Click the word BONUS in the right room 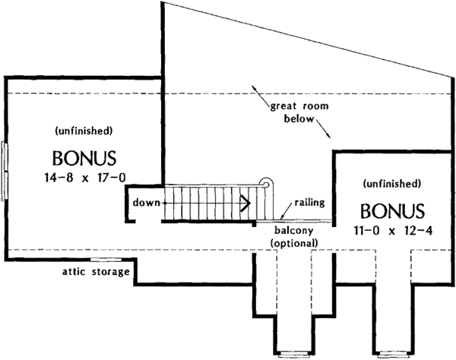[392, 210]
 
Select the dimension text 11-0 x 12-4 [392, 230]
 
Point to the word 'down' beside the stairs [144, 203]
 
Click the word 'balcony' [293, 230]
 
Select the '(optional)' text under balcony [293, 242]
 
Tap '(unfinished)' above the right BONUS [392, 183]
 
